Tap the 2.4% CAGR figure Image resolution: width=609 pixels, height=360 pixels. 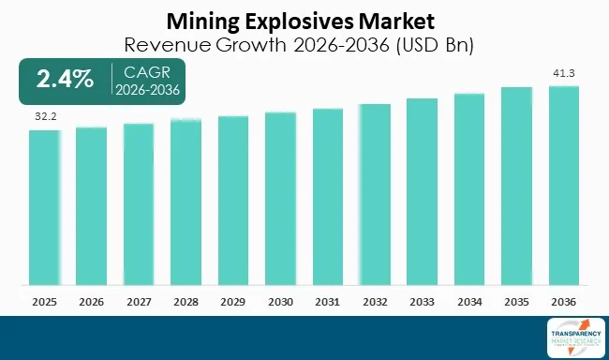(65, 80)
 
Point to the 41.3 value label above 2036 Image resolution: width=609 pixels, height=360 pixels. (563, 72)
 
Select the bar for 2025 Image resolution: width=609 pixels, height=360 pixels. (44, 207)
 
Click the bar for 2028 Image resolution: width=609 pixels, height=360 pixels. (186, 202)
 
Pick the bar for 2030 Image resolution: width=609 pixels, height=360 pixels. (280, 198)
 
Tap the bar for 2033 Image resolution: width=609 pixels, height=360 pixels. (422, 191)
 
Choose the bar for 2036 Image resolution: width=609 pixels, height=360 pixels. (563, 185)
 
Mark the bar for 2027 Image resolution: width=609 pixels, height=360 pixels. (139, 203)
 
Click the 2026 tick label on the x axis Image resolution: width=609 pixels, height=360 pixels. (91, 302)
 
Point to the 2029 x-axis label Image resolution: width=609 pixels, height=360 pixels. (233, 302)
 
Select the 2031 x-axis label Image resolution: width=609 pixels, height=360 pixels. (327, 302)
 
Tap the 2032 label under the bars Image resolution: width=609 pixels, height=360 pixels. (375, 302)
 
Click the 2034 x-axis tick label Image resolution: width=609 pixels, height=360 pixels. (469, 302)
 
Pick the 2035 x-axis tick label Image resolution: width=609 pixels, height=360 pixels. (516, 302)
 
